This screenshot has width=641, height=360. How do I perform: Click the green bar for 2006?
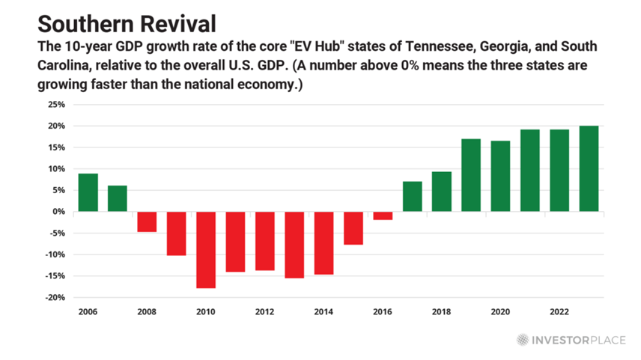(88, 192)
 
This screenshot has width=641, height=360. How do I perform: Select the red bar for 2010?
(206, 249)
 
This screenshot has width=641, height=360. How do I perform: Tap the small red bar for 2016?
(383, 216)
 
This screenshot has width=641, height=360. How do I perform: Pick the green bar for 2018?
(442, 192)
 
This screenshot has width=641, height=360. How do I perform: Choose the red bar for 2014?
(323, 242)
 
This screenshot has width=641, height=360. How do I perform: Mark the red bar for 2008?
(147, 222)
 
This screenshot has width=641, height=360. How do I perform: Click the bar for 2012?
(264, 240)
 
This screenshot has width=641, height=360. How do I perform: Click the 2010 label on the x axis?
(206, 311)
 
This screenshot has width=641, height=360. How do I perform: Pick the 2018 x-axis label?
(442, 311)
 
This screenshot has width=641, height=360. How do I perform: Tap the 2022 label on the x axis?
(559, 311)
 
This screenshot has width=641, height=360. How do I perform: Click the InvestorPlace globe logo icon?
(523, 340)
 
